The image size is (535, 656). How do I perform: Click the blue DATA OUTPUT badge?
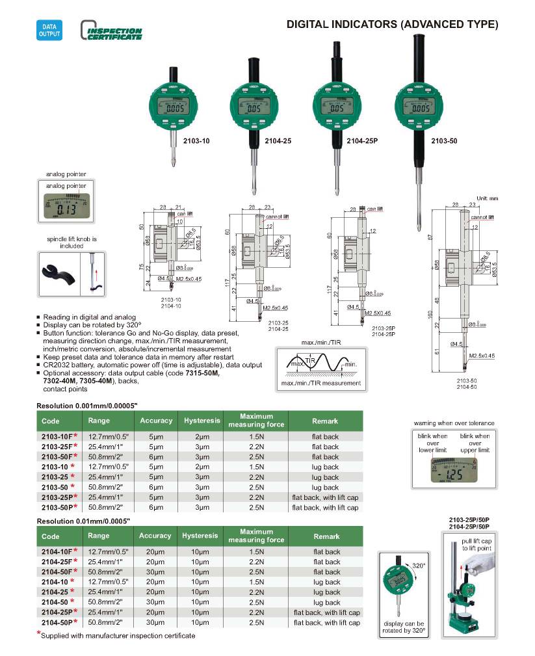click(49, 30)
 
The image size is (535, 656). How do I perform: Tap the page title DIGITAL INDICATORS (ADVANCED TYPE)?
click(393, 25)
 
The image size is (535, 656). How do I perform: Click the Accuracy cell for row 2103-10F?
click(156, 436)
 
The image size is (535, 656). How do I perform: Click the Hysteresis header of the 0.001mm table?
click(200, 420)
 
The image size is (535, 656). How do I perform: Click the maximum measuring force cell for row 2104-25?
click(256, 592)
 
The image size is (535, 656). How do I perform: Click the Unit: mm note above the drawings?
click(486, 198)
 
